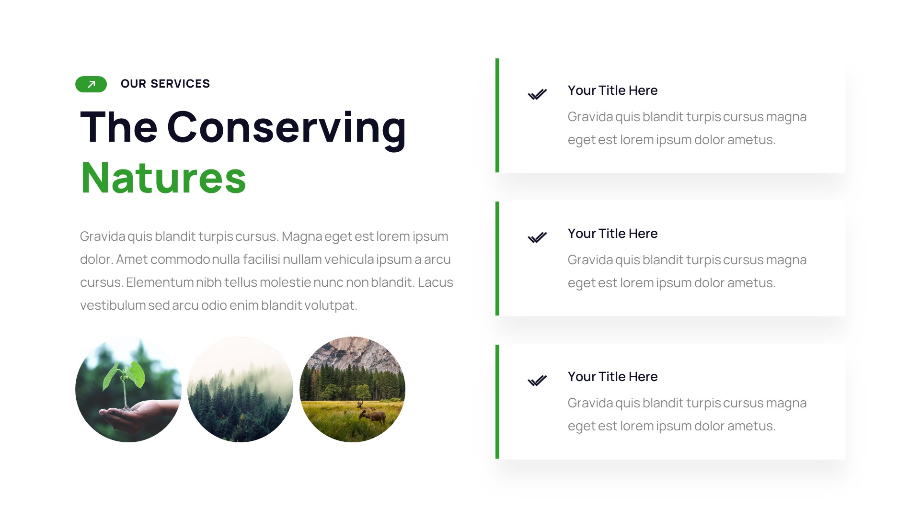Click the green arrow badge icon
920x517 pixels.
point(91,84)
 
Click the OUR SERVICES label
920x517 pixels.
point(165,84)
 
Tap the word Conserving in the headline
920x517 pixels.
point(286,127)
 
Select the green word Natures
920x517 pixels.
point(163,178)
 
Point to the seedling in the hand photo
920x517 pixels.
point(125,378)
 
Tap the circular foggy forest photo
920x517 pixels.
point(240,389)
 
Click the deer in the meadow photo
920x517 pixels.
point(372,415)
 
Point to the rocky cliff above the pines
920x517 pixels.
point(355,352)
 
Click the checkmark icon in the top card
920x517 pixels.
point(537,94)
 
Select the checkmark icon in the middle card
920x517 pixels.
point(537,237)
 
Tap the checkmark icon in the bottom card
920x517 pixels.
point(537,381)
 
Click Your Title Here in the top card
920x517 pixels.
point(612,90)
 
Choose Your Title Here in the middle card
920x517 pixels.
point(612,234)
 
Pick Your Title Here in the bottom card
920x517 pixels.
point(612,377)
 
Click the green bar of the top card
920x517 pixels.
point(497,115)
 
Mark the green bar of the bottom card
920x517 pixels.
point(497,402)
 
